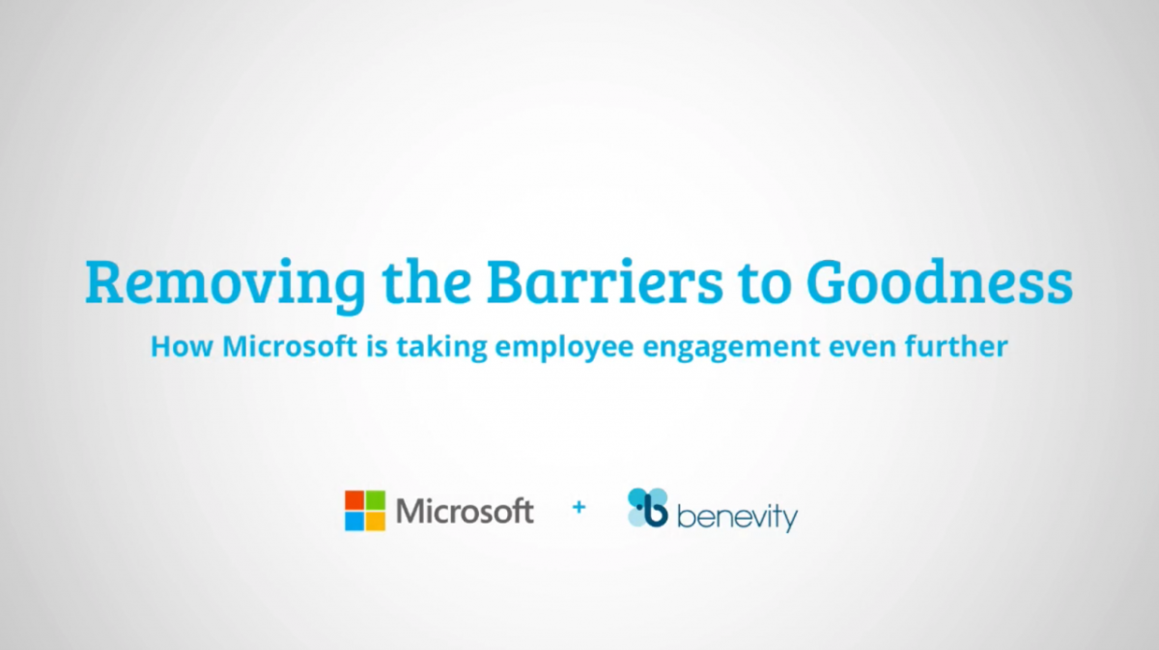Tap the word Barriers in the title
tap(605, 282)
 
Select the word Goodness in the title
tap(940, 282)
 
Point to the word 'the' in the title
tap(426, 282)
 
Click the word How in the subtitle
tap(183, 347)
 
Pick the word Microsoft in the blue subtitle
tap(290, 346)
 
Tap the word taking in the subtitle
tap(442, 349)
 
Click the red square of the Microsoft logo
tap(354, 500)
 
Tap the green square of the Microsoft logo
tap(376, 500)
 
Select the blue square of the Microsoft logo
tap(354, 522)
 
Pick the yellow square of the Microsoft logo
tap(376, 522)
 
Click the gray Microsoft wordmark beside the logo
tap(465, 511)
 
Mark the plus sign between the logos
tap(579, 507)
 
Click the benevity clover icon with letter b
tap(648, 508)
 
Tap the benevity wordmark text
tap(737, 518)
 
